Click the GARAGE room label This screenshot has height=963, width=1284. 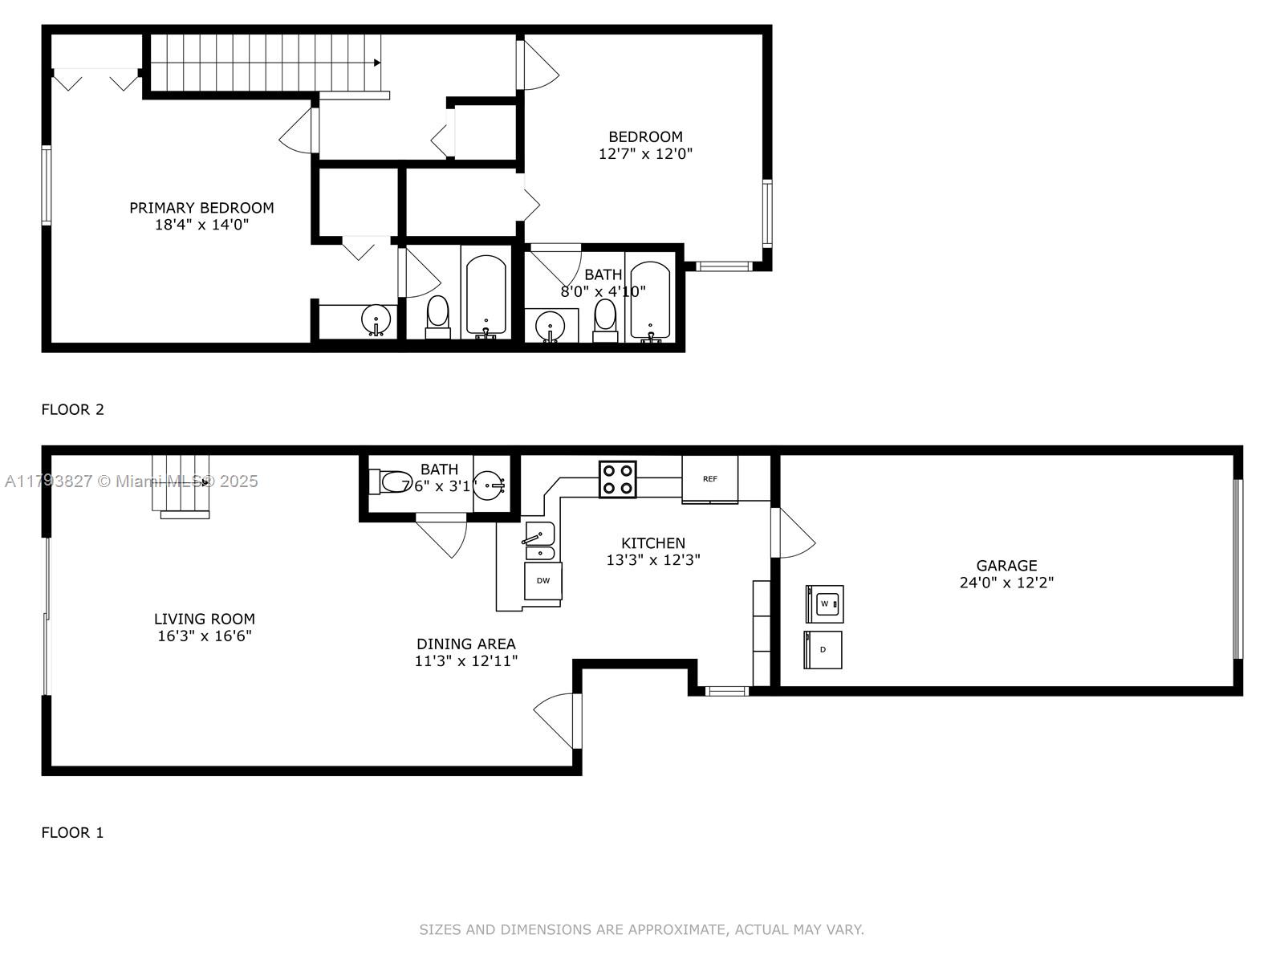pyautogui.click(x=1006, y=566)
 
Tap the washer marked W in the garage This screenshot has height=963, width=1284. pyautogui.click(x=824, y=604)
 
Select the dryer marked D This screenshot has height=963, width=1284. pyautogui.click(x=823, y=649)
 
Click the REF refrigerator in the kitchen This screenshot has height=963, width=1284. pyautogui.click(x=709, y=479)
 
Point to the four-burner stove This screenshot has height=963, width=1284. pyautogui.click(x=617, y=479)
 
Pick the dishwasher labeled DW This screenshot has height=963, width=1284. pyautogui.click(x=542, y=580)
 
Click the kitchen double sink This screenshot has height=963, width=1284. pyautogui.click(x=539, y=542)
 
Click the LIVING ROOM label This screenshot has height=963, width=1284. pyautogui.click(x=204, y=619)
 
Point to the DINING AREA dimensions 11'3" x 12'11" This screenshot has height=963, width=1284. pyautogui.click(x=466, y=660)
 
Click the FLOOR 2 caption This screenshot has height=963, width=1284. pyautogui.click(x=72, y=409)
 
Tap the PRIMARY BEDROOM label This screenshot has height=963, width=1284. pyautogui.click(x=201, y=208)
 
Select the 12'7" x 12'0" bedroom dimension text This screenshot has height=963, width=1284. pyautogui.click(x=645, y=153)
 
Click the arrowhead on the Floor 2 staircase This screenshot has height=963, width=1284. pyautogui.click(x=377, y=63)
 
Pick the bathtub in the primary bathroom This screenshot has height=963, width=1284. pyautogui.click(x=486, y=296)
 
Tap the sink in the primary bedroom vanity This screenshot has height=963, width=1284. pyautogui.click(x=376, y=320)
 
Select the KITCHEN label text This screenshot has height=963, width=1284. pyautogui.click(x=652, y=542)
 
